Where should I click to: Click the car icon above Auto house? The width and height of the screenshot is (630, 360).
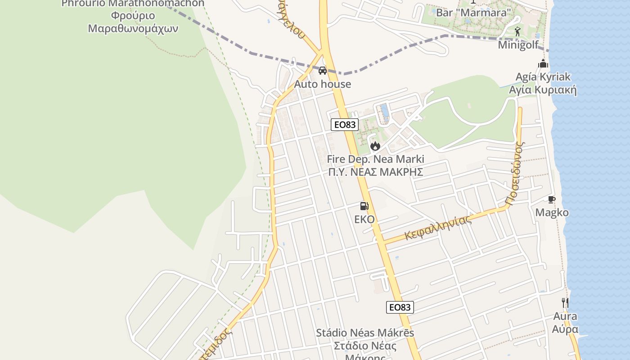[x=323, y=71]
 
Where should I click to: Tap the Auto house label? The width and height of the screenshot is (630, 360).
[x=323, y=84]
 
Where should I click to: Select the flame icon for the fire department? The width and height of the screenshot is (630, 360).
[x=375, y=146]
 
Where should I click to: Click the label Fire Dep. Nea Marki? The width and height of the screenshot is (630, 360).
[x=375, y=159]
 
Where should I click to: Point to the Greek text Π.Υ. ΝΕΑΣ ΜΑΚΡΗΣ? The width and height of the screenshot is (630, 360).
[x=376, y=172]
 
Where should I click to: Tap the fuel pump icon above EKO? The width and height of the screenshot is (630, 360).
[x=364, y=206]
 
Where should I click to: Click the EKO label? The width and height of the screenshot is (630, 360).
[x=364, y=219]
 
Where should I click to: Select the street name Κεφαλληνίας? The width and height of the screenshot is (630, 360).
[x=438, y=227]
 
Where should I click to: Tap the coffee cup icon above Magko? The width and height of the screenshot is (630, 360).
[x=552, y=199]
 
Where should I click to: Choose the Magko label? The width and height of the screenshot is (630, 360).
[x=552, y=212]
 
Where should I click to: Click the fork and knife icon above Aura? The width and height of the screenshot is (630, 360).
[x=565, y=302]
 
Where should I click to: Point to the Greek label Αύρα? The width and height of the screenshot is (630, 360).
[x=565, y=329]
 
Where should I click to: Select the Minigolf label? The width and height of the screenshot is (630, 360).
[x=518, y=45]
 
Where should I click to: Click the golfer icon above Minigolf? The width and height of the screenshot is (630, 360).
[x=518, y=32]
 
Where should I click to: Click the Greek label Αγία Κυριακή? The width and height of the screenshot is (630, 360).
[x=542, y=90]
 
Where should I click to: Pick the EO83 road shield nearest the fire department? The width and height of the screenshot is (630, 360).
[x=345, y=125]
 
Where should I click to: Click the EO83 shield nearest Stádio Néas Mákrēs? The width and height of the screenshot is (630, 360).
[x=400, y=307]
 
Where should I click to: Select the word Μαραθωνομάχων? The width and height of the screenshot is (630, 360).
[x=133, y=29]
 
